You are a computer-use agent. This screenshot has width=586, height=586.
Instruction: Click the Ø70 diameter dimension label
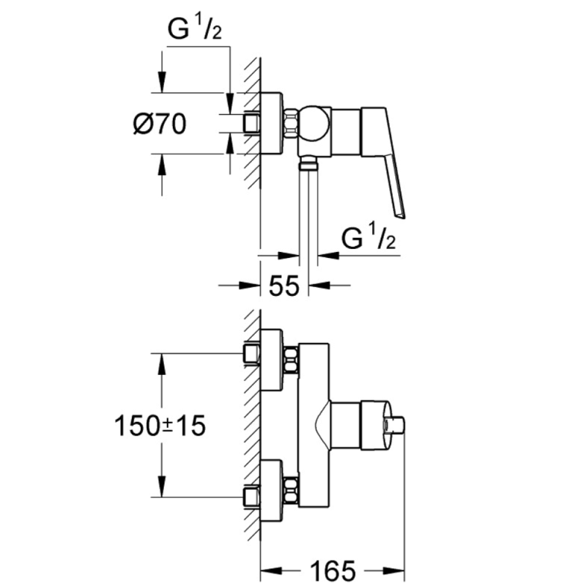(x=160, y=124)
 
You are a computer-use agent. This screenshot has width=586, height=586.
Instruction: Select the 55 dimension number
(x=284, y=286)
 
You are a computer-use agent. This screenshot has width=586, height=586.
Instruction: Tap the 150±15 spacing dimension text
(x=160, y=426)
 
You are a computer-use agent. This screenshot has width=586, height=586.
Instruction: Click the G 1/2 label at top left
(x=194, y=29)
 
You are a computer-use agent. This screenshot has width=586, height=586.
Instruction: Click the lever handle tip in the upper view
(x=400, y=214)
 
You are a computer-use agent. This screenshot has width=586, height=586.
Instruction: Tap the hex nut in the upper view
(x=291, y=123)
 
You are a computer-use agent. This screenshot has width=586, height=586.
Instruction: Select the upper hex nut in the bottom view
(x=291, y=360)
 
